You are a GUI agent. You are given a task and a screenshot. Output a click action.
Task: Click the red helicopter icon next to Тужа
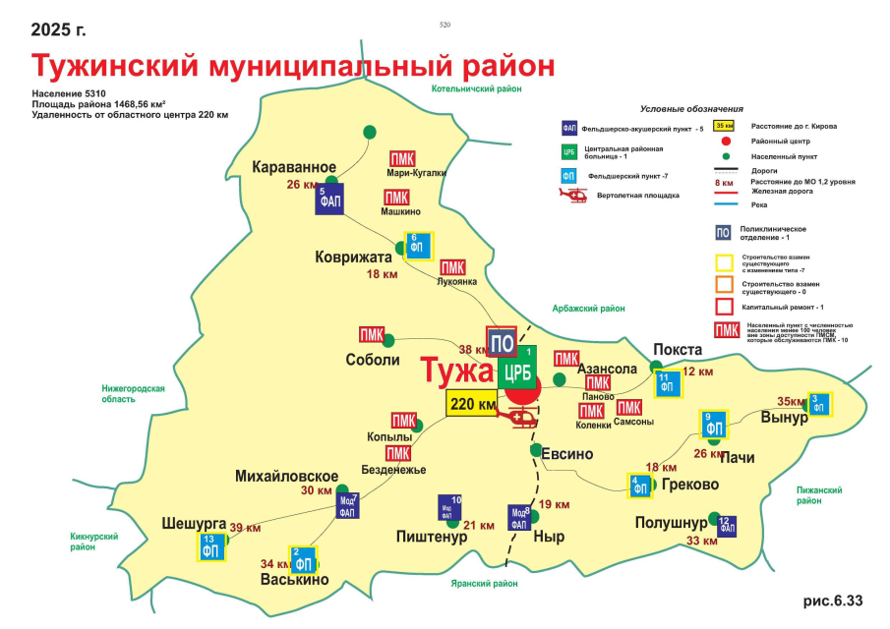[x=519, y=417]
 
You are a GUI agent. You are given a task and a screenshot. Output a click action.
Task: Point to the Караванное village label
[x=295, y=166]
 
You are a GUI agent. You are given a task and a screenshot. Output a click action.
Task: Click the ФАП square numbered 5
[x=328, y=198]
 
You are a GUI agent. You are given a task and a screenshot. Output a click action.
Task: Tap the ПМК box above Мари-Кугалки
[x=401, y=159]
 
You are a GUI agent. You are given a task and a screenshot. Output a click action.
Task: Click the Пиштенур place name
[x=431, y=537]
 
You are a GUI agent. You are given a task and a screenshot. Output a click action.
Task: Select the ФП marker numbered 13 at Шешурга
[x=210, y=547]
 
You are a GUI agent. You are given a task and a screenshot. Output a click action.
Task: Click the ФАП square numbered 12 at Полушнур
[x=725, y=526]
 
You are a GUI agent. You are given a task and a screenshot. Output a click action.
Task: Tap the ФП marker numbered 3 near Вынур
[x=818, y=403]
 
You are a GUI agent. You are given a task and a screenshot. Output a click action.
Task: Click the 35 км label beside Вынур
[x=790, y=402]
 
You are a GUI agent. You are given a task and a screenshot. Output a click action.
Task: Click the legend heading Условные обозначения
[x=691, y=109]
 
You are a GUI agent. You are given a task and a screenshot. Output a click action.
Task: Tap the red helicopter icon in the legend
[x=572, y=196]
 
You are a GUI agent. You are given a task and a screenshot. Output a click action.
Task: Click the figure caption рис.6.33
[x=833, y=600]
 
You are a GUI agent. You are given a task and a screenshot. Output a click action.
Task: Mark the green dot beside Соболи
[x=387, y=340]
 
